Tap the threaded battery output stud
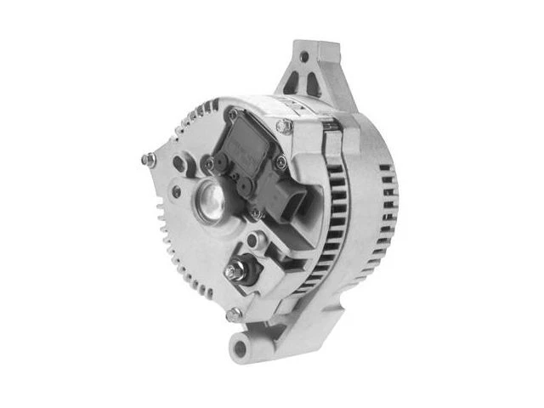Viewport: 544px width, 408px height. click(231, 272)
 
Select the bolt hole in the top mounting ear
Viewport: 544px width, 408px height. click(303, 58)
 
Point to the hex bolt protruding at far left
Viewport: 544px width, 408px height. click(148, 159)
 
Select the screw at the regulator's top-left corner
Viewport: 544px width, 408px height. click(233, 113)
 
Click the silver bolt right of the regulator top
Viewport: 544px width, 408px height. click(286, 126)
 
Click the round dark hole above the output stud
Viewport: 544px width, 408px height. click(252, 241)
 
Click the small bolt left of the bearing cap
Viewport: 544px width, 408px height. click(175, 191)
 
